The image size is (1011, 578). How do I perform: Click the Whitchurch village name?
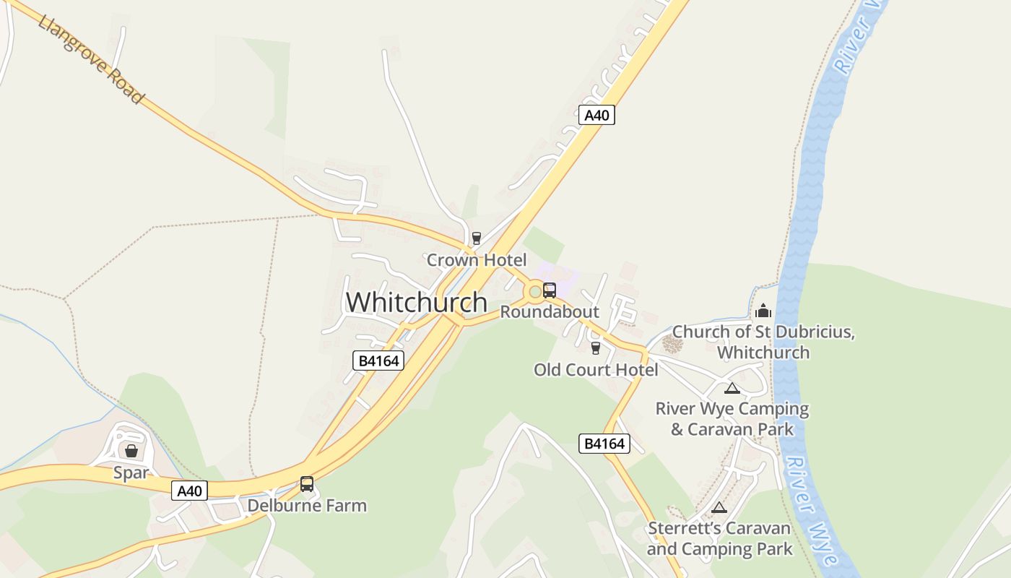click(417, 302)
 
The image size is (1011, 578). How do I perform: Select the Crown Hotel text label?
click(477, 259)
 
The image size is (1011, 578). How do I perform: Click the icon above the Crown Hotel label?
click(476, 238)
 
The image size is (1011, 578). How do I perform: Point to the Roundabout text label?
click(550, 312)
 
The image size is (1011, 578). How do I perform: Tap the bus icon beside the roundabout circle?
click(550, 290)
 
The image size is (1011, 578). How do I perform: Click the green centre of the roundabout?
click(534, 292)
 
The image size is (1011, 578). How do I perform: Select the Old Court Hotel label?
click(596, 370)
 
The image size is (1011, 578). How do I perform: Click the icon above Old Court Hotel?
click(596, 348)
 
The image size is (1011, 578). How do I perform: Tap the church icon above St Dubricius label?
click(763, 311)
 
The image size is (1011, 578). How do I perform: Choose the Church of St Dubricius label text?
click(763, 342)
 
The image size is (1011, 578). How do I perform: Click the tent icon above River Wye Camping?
click(732, 388)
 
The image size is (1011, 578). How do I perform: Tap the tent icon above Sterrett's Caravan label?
click(719, 508)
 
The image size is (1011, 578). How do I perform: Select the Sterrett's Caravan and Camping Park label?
click(719, 538)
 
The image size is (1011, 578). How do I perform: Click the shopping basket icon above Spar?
click(131, 452)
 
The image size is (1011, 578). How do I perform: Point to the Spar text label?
click(131, 473)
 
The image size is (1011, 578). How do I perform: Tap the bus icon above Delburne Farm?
click(307, 484)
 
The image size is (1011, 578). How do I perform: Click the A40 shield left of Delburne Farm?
click(190, 491)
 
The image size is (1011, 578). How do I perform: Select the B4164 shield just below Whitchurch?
click(378, 361)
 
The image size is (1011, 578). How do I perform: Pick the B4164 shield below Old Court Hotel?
click(604, 444)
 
